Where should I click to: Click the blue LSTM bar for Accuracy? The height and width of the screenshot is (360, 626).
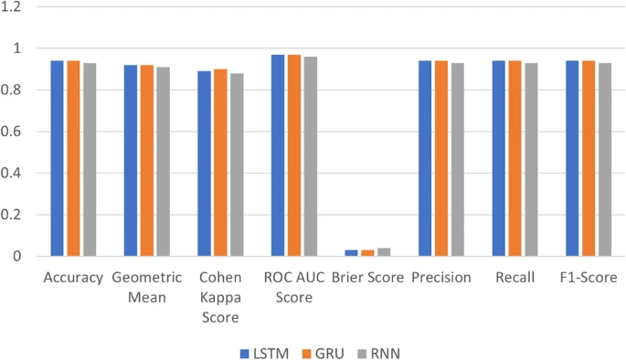coord(57,158)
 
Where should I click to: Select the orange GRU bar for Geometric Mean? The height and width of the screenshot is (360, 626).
coord(146,161)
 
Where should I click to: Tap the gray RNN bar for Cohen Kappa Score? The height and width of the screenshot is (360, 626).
coord(236,164)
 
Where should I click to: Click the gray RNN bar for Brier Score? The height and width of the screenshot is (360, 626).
coord(383,252)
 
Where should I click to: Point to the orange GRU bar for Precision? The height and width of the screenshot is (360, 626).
coord(440,158)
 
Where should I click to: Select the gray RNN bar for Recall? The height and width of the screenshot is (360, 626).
coord(530,160)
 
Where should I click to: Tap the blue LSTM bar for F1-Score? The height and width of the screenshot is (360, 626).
coord(572,158)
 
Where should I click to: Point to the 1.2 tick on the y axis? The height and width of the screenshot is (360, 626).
coord(14,6)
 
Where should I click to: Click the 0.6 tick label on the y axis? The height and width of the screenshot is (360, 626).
coord(14,132)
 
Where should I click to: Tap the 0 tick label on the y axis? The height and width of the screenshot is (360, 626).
coord(19,257)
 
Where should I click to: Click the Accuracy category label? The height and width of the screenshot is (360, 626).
coord(72,277)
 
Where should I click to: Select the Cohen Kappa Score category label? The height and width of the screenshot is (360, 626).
coord(219,297)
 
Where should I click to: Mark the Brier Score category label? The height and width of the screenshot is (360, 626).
coord(366,277)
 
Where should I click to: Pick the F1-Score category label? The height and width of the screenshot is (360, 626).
coord(588,277)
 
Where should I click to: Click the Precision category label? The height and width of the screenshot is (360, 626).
coord(440,277)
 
